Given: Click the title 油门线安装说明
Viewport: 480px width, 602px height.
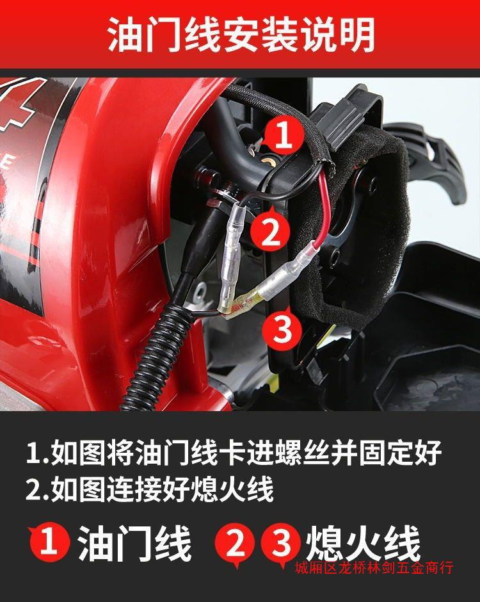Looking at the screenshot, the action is click(241, 34).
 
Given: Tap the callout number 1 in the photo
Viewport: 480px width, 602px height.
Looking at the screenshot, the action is click(283, 134).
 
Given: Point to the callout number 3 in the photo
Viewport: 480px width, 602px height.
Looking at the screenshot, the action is click(282, 329).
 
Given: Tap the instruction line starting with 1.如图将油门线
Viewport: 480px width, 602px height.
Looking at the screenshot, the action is click(234, 452).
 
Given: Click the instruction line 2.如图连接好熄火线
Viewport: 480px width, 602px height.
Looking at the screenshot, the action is click(150, 489).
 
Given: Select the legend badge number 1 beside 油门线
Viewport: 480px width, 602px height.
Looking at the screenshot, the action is click(49, 542).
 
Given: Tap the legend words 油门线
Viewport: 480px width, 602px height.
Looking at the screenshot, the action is click(135, 543).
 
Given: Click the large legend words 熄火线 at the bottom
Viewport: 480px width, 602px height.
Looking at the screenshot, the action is click(363, 543).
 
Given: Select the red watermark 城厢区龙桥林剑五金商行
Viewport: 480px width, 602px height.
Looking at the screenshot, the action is click(374, 567).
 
